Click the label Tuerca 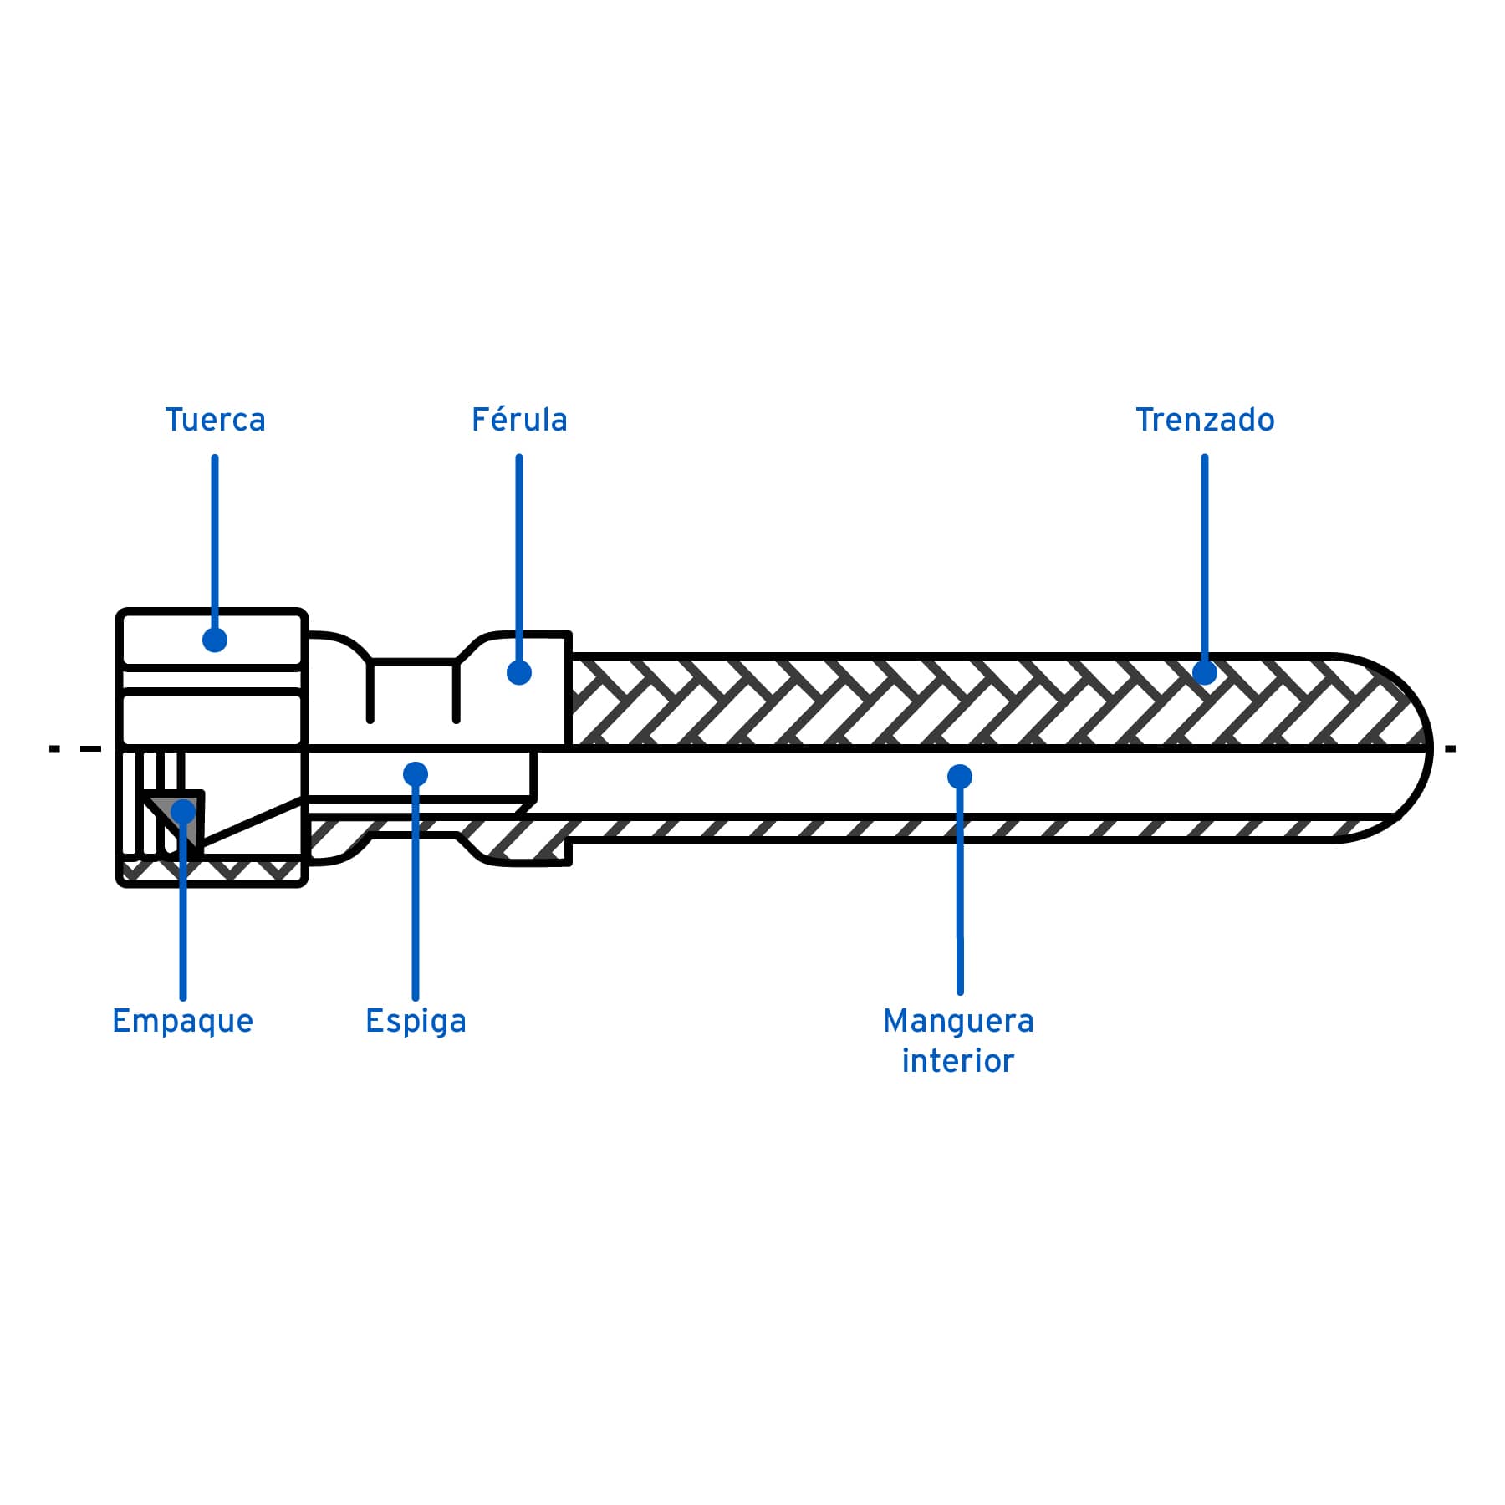click(x=215, y=420)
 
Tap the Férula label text click(x=519, y=420)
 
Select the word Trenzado click(x=1204, y=420)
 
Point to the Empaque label click(x=182, y=1021)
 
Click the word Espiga click(x=416, y=1021)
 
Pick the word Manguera click(x=958, y=1021)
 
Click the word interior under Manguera click(x=958, y=1061)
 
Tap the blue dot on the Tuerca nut click(x=215, y=640)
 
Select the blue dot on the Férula click(x=519, y=672)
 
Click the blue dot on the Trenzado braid click(x=1204, y=672)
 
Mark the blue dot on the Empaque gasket click(x=183, y=812)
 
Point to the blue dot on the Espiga click(x=416, y=774)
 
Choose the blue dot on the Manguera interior click(x=960, y=777)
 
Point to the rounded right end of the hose click(x=1421, y=748)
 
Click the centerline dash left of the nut click(x=90, y=748)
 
